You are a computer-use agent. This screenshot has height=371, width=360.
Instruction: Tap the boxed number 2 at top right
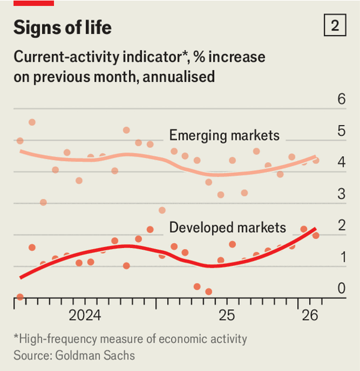point(334,26)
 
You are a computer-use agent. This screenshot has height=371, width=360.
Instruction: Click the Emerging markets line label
point(224,135)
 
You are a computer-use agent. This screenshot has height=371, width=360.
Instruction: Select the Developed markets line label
point(228,228)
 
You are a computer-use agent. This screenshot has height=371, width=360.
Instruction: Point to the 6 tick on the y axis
point(342,99)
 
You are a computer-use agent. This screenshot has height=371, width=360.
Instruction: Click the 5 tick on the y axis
point(342,131)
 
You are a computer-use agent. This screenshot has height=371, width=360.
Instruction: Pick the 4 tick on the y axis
point(342,163)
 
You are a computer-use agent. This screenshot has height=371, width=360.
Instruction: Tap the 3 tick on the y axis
point(342,195)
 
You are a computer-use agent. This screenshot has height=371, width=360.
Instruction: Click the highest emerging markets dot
point(32,122)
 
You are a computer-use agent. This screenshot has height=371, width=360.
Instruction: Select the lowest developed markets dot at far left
point(20,297)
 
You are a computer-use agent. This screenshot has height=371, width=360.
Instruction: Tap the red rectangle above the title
point(34,3)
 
